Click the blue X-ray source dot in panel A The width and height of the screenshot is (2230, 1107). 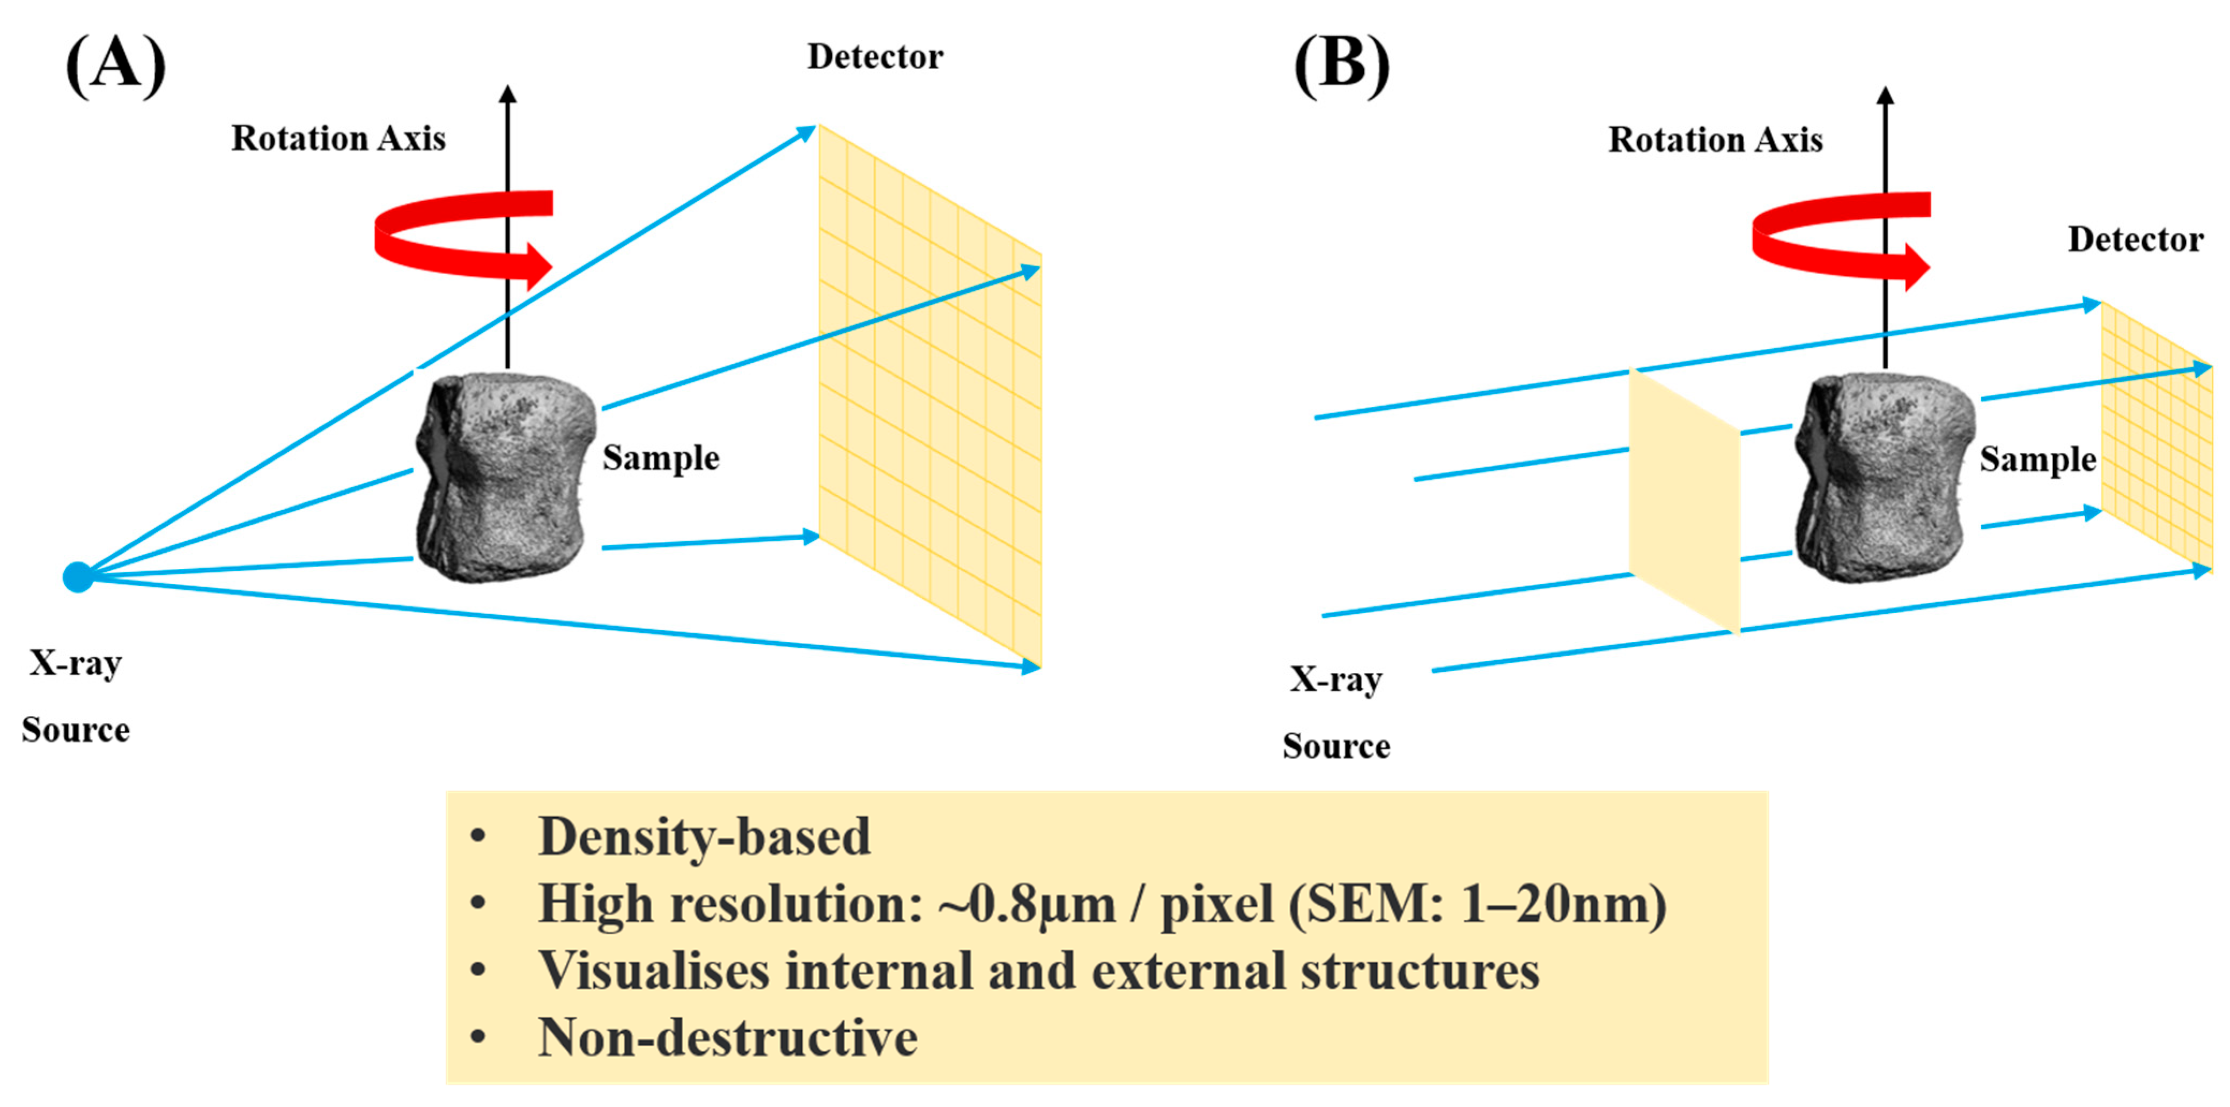coord(78,577)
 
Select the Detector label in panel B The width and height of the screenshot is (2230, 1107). coord(2135,240)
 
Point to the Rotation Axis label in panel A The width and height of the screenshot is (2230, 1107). coord(338,138)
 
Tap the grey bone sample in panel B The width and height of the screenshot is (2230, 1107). coord(1884,476)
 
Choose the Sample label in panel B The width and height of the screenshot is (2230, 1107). coord(2038,460)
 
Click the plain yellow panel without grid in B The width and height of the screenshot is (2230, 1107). coord(1683,502)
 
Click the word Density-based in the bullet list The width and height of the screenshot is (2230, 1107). coord(704,837)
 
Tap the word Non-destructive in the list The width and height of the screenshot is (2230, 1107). coord(727,1038)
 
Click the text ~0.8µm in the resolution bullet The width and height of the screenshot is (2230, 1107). coord(1027,904)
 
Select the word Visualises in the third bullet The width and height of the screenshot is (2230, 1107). coord(654,971)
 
